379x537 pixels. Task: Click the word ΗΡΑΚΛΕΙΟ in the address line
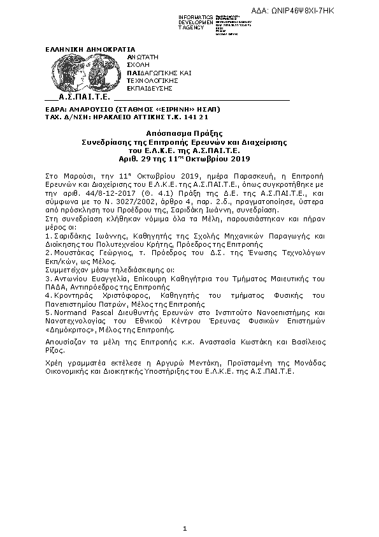tap(115, 118)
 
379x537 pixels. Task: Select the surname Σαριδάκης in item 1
tap(72, 235)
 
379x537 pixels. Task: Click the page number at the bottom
tap(184, 528)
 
